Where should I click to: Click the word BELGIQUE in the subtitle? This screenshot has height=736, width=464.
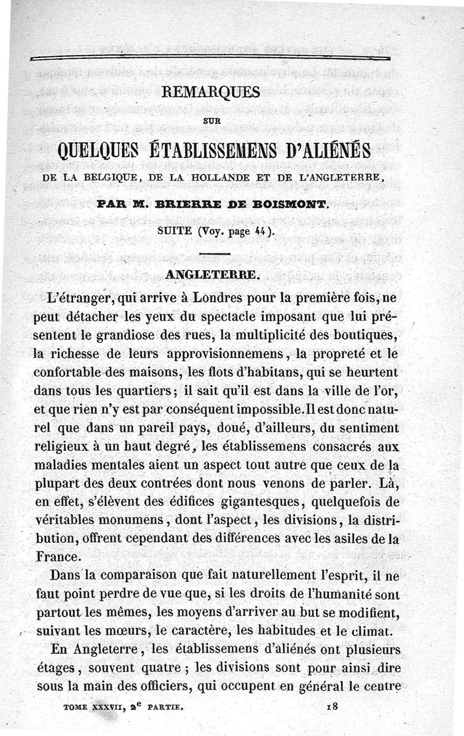click(107, 177)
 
